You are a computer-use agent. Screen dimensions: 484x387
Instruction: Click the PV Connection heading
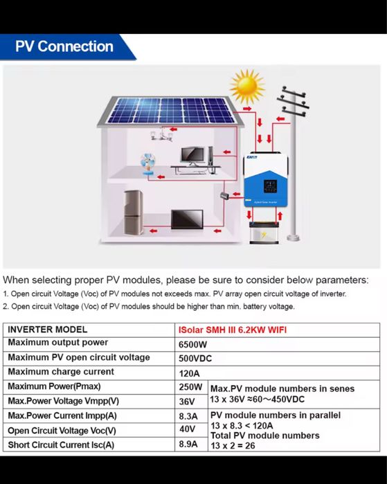pos(64,46)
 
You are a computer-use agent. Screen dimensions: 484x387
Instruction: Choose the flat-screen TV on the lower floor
pos(187,219)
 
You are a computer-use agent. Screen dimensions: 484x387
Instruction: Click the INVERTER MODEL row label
pos(48,330)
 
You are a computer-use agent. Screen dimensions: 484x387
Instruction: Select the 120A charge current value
pos(190,373)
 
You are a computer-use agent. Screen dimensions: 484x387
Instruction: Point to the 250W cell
pos(191,387)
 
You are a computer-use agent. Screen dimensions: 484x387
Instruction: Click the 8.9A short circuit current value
pos(189,445)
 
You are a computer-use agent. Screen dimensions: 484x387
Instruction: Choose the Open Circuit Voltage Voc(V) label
pos(62,431)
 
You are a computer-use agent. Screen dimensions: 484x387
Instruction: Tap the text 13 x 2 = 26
pos(234,446)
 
